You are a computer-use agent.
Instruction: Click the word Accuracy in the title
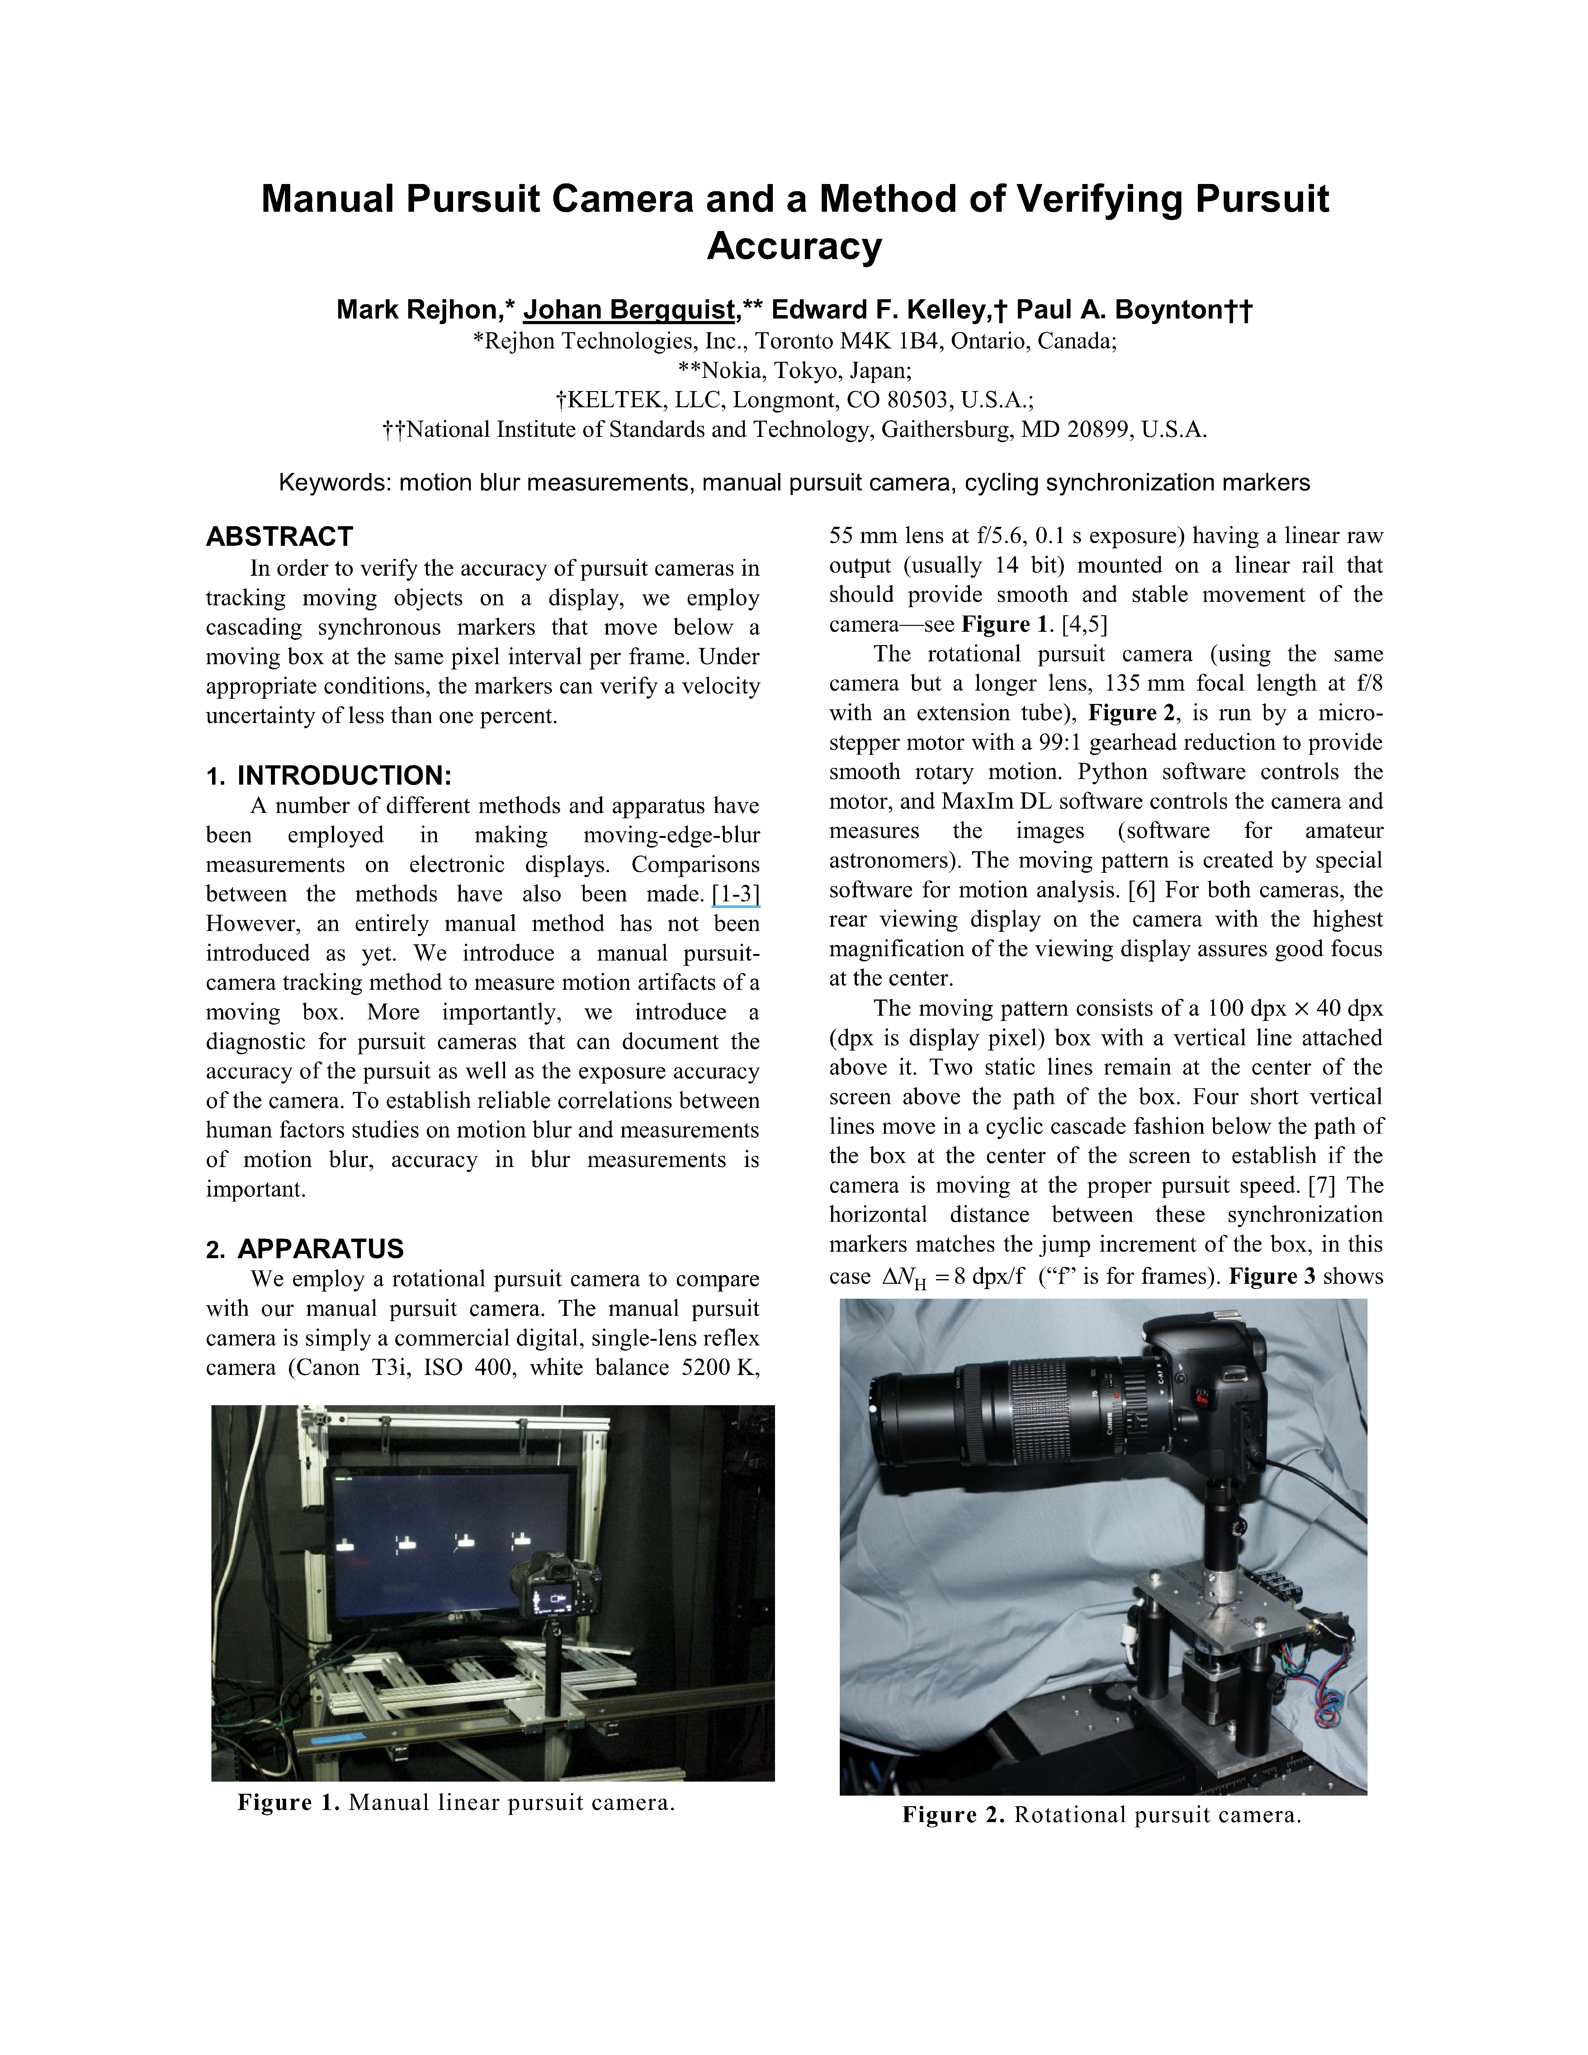(x=794, y=247)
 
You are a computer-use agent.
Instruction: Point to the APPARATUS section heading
(x=320, y=1249)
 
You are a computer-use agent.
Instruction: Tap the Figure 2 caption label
(x=953, y=1815)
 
